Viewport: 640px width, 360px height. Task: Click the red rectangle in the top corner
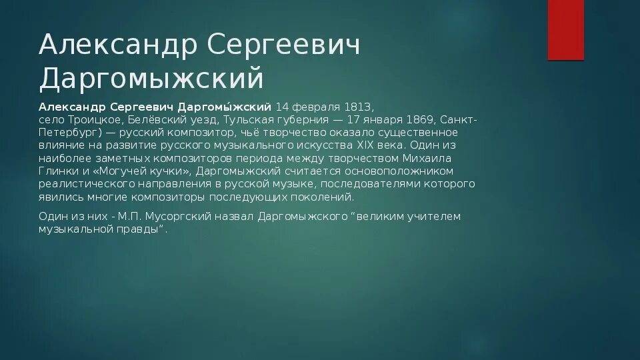(x=565, y=30)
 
